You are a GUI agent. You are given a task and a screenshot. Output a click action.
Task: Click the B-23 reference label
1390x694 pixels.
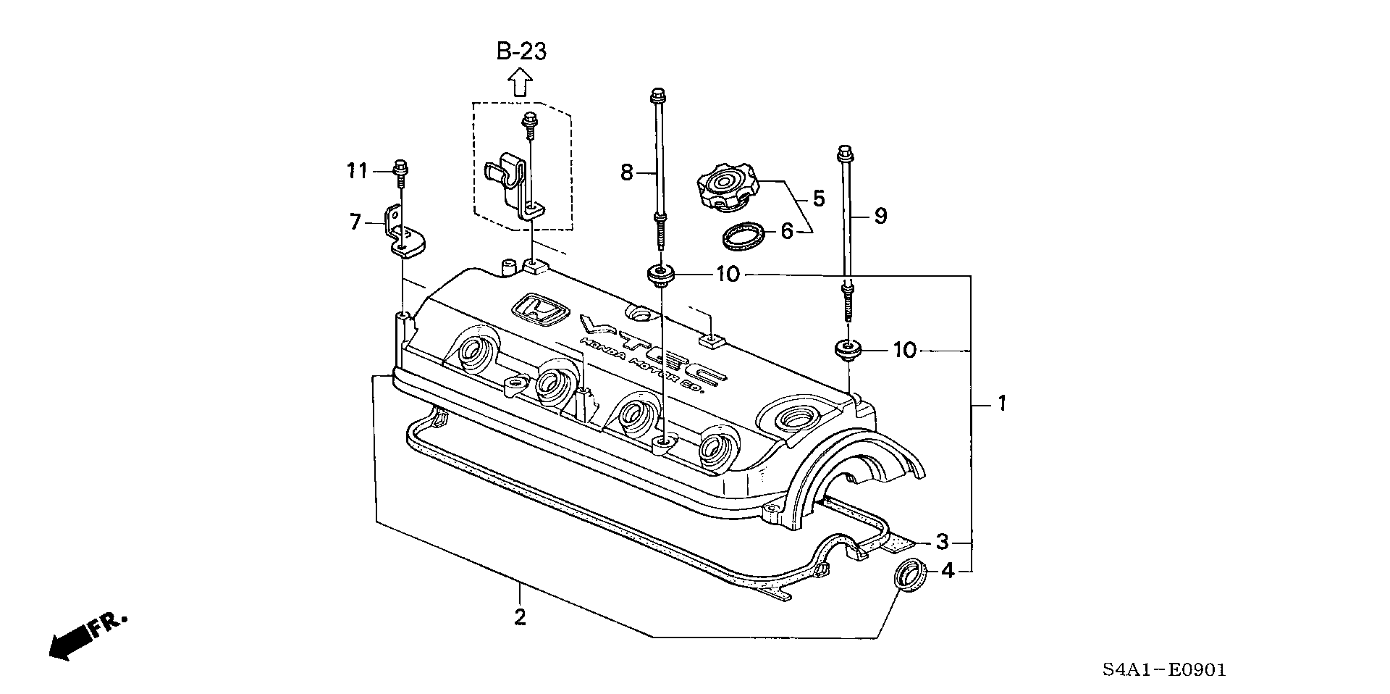521,51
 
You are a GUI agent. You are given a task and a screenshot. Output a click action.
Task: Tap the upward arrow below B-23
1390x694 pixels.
519,82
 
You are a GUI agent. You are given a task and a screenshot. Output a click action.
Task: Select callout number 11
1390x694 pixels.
357,171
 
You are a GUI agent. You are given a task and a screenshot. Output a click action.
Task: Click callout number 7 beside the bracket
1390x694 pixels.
355,222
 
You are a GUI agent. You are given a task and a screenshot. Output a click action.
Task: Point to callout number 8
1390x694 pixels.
627,172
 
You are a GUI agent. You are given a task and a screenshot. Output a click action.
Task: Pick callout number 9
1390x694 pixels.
880,215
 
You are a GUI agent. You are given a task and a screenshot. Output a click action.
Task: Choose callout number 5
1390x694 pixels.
818,198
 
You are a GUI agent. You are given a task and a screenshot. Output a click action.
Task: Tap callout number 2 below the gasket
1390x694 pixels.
520,617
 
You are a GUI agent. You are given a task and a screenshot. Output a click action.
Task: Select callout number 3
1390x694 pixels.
942,541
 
